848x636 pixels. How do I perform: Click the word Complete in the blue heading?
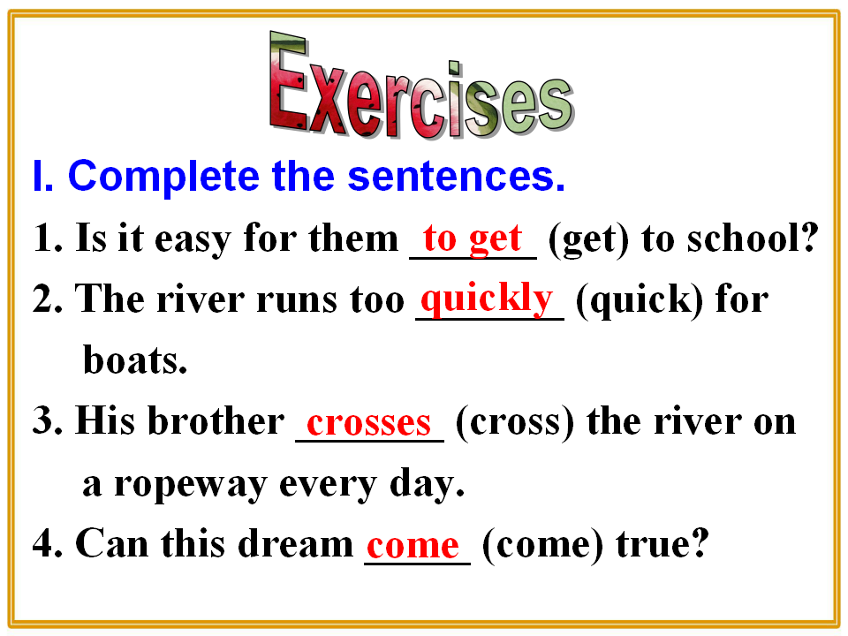pyautogui.click(x=163, y=178)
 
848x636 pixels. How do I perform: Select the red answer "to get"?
pyautogui.click(x=472, y=238)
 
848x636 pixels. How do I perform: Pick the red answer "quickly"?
pyautogui.click(x=487, y=299)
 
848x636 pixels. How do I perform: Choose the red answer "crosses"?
pyautogui.click(x=369, y=423)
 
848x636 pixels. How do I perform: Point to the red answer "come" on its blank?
pyautogui.click(x=413, y=545)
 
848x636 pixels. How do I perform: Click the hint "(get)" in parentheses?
pyautogui.click(x=589, y=239)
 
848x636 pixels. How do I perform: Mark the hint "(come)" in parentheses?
pyautogui.click(x=542, y=544)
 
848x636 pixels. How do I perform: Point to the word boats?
pyautogui.click(x=135, y=360)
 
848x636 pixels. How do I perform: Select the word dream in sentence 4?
pyautogui.click(x=295, y=543)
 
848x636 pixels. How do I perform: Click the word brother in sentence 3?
pyautogui.click(x=216, y=420)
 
